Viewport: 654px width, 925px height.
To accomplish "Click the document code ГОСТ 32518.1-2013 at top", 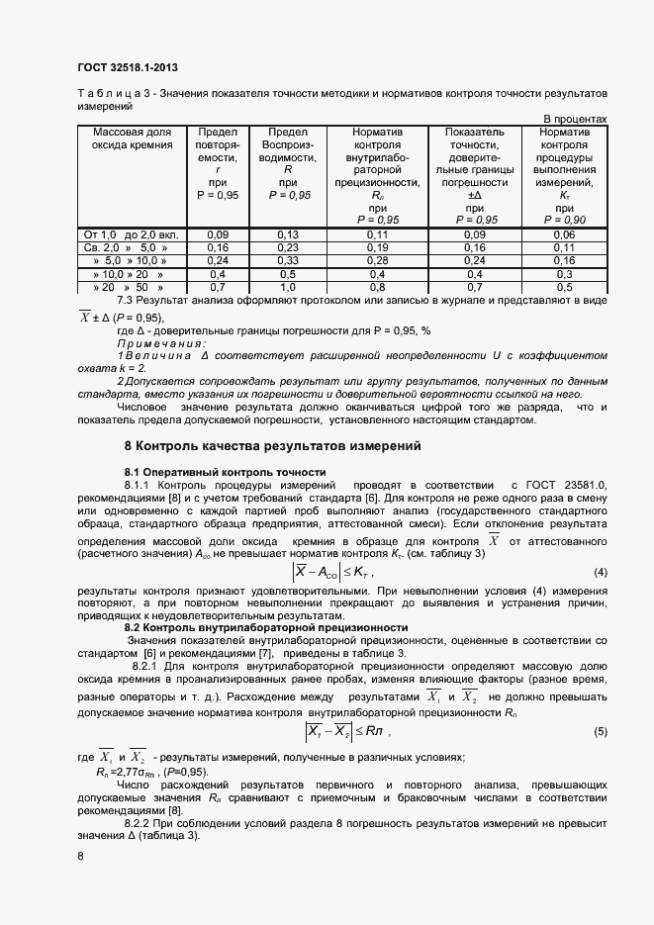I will (x=129, y=67).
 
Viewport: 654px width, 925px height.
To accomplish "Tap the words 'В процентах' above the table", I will (x=576, y=119).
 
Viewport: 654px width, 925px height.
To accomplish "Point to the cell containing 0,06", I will (x=564, y=234).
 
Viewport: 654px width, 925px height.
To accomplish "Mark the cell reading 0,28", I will (x=377, y=260).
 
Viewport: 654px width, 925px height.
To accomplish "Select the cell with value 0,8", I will (x=377, y=286).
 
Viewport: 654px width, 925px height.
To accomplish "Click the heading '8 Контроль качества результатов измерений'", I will (x=273, y=446).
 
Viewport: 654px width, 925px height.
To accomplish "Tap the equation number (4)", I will (x=600, y=573).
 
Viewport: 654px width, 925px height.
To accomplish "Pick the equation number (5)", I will (x=600, y=731).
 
